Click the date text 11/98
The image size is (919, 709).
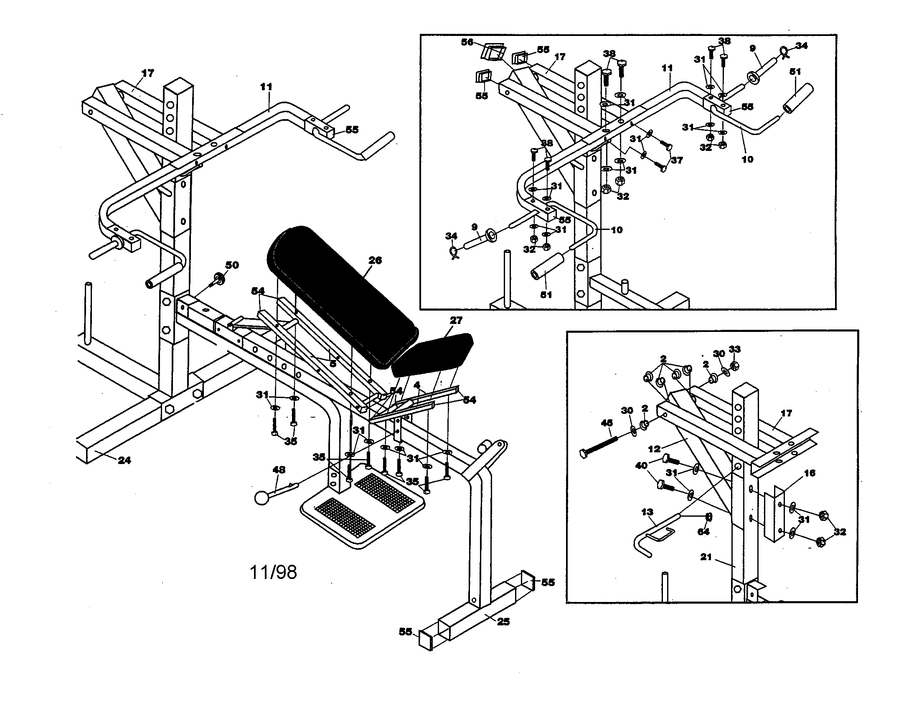[x=273, y=572]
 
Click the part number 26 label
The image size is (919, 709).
[x=375, y=260]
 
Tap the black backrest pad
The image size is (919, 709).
[x=341, y=295]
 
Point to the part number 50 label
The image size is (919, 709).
[x=232, y=265]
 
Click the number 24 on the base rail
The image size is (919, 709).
[x=124, y=460]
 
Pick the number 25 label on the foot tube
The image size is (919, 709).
[x=503, y=622]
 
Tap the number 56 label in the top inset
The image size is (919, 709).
[x=467, y=42]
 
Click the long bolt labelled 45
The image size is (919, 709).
[x=599, y=446]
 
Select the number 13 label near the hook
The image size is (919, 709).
[x=647, y=512]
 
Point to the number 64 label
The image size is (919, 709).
[x=703, y=532]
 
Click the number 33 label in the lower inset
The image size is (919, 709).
[x=734, y=349]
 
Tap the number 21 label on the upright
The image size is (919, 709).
[x=706, y=557]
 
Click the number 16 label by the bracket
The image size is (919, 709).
[x=809, y=473]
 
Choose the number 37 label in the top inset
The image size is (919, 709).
[x=676, y=160]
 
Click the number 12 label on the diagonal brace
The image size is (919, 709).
[x=654, y=449]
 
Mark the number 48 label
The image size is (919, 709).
[x=279, y=469]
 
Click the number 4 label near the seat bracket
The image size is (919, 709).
[x=416, y=385]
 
